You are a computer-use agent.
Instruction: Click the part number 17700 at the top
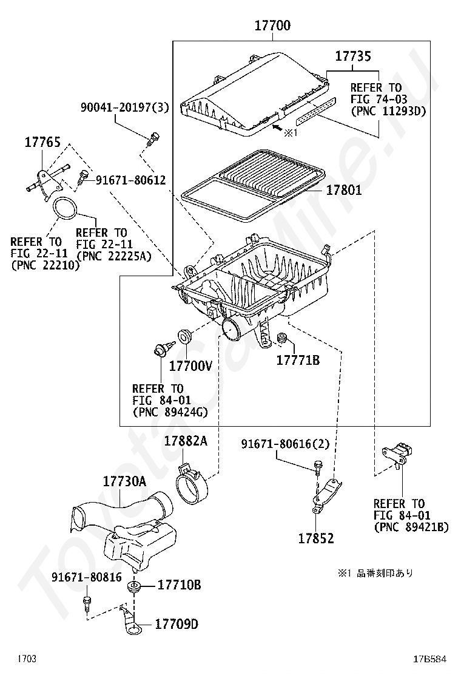pyautogui.click(x=272, y=25)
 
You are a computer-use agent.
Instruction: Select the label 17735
pyautogui.click(x=352, y=56)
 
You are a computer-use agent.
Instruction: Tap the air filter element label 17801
pyautogui.click(x=344, y=190)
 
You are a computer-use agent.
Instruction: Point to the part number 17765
pyautogui.click(x=42, y=142)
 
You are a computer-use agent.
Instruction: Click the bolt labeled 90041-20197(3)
pyautogui.click(x=153, y=140)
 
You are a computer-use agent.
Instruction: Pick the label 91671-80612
pyautogui.click(x=131, y=180)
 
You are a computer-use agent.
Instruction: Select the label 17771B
pyautogui.click(x=298, y=360)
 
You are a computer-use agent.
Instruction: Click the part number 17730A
pyautogui.click(x=125, y=481)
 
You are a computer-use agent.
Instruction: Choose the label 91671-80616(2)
pyautogui.click(x=285, y=444)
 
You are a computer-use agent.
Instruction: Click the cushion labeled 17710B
pyautogui.click(x=135, y=586)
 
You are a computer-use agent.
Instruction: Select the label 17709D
pyautogui.click(x=177, y=624)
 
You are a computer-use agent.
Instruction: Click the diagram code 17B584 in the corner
pyautogui.click(x=430, y=659)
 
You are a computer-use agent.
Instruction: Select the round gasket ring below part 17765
pyautogui.click(x=66, y=208)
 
